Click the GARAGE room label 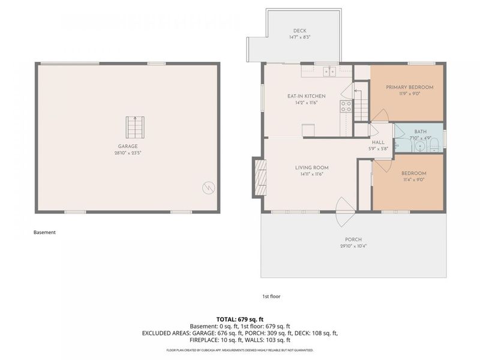click(x=128, y=146)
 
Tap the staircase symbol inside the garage click(x=134, y=127)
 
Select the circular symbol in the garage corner click(x=208, y=188)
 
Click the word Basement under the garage click(x=44, y=232)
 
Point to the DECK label click(x=300, y=31)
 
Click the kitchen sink click(x=329, y=72)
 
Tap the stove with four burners click(x=346, y=106)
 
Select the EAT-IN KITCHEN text click(x=306, y=96)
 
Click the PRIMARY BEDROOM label click(x=409, y=87)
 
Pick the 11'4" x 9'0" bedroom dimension click(x=413, y=179)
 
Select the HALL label click(x=378, y=142)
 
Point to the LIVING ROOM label click(x=311, y=167)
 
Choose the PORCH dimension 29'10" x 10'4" click(x=353, y=246)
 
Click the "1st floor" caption click(x=271, y=296)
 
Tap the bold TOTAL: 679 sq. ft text click(x=240, y=319)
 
